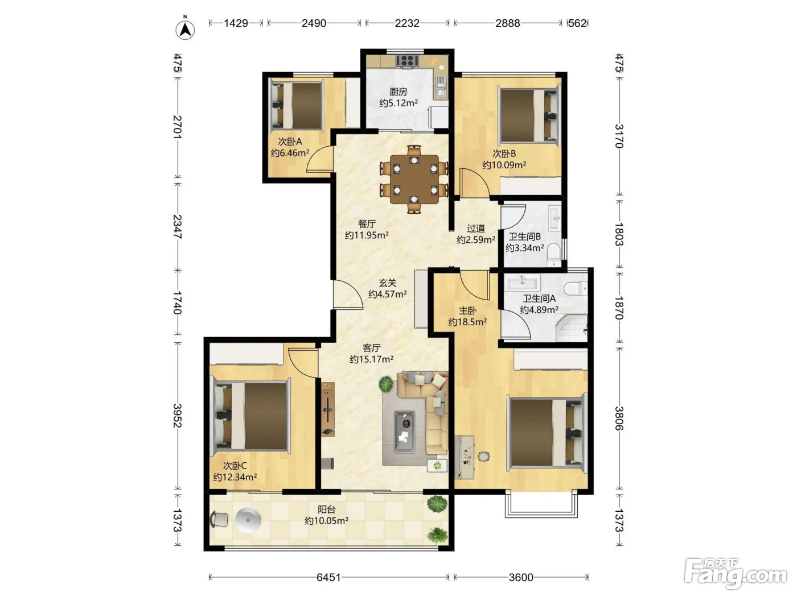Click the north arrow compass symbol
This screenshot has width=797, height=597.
[185, 29]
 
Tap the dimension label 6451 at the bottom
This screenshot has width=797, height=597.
[328, 578]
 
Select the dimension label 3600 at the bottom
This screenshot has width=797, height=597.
[521, 578]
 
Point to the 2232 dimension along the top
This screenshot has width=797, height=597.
[407, 23]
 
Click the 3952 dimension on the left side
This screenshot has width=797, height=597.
[177, 416]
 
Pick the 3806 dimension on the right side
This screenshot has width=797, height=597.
[619, 418]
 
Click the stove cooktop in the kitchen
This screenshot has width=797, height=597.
[407, 60]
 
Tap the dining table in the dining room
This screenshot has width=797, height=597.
[414, 179]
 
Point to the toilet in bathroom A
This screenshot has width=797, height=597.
[576, 288]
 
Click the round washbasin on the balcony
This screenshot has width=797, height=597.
[248, 520]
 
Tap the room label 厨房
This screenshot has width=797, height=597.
[398, 92]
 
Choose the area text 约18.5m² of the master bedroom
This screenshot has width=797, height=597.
[467, 322]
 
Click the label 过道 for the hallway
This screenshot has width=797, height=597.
[476, 229]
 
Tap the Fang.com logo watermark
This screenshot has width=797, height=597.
[736, 574]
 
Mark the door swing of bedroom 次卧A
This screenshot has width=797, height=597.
[320, 159]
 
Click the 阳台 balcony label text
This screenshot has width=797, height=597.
[326, 509]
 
